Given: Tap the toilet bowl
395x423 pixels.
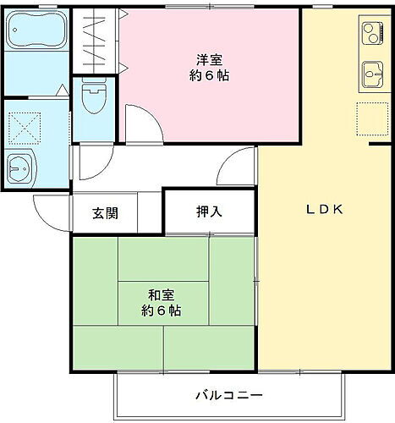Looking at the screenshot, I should tap(95, 100).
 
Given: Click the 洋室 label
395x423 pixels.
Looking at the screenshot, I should tap(210, 59).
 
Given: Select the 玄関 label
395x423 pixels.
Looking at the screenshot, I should tap(106, 212).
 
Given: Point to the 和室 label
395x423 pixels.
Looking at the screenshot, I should tap(162, 295).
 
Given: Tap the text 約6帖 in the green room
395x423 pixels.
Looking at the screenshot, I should tap(162, 310).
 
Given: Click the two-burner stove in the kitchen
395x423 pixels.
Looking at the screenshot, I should tap(372, 34).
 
